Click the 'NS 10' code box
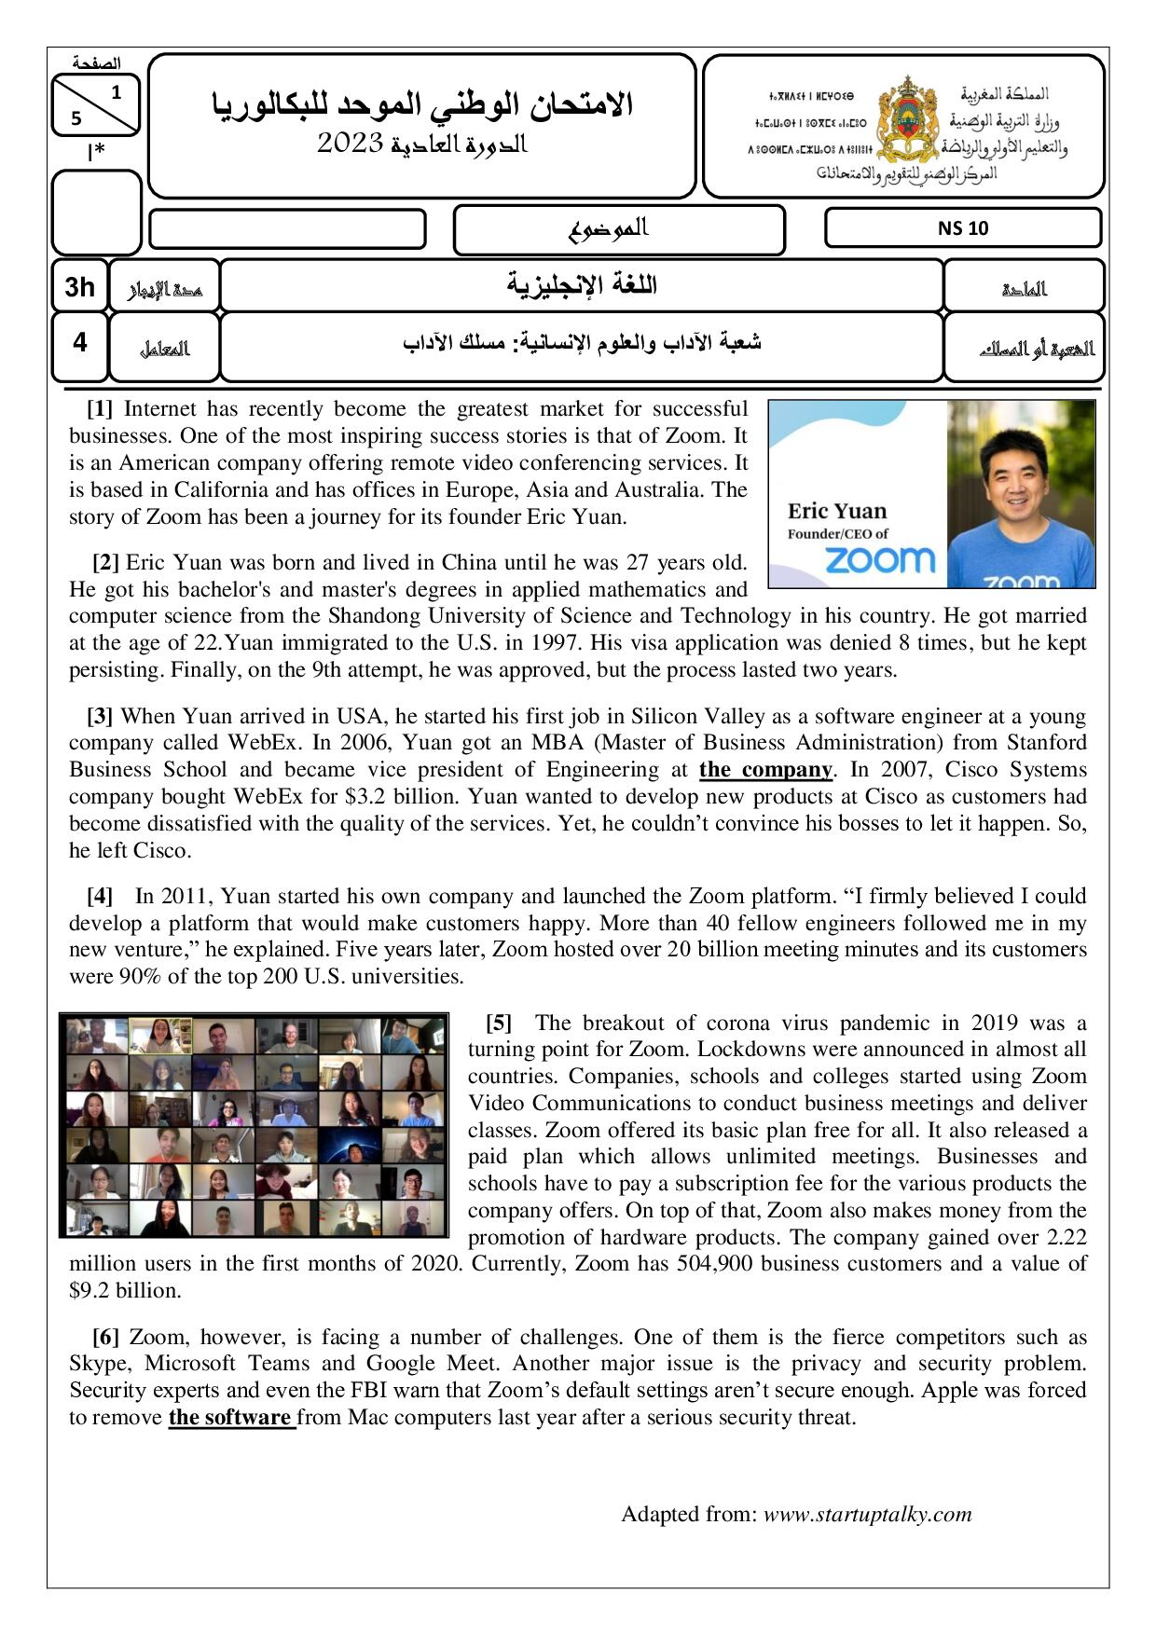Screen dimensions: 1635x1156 (x=963, y=228)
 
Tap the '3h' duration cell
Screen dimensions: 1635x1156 (x=80, y=286)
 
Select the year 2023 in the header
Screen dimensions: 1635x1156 (x=351, y=143)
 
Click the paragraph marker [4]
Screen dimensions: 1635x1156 (x=100, y=897)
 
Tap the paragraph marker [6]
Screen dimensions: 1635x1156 (x=105, y=1338)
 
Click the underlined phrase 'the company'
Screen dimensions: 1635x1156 (x=765, y=770)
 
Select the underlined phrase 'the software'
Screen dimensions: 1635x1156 (x=230, y=1418)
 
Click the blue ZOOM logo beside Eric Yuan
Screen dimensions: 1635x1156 (x=879, y=559)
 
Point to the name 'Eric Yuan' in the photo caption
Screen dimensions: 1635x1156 (x=837, y=511)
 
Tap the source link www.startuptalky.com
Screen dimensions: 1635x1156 (x=867, y=1515)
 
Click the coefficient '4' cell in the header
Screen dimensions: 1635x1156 (x=80, y=343)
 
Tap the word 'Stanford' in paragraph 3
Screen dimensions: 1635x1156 (x=1046, y=743)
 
